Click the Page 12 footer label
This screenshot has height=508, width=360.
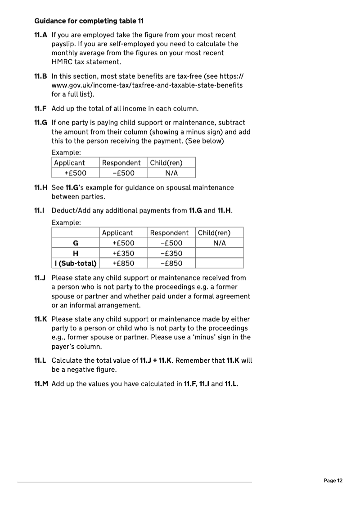333,481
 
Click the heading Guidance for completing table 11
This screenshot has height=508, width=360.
89,21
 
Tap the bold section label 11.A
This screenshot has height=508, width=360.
41,35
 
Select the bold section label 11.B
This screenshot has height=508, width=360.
41,76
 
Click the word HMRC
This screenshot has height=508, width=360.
61,62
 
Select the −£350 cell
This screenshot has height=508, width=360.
171,253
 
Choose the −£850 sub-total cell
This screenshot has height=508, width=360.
171,263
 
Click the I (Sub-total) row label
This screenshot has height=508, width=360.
76,263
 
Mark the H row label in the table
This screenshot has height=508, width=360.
76,253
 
